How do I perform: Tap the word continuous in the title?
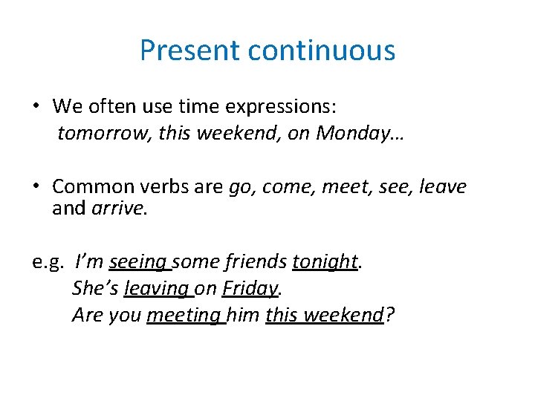321,50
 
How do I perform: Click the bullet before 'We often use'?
36,106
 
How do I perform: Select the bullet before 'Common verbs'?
36,186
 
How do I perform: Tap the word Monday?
347,133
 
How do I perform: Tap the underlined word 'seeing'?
139,262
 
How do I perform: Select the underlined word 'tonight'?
325,262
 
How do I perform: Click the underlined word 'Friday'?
249,288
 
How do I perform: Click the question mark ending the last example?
390,315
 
